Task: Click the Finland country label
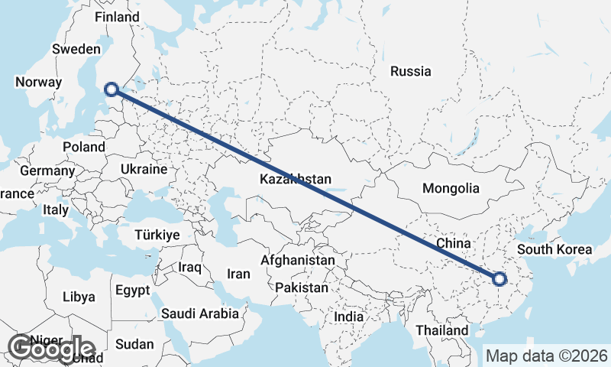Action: pyautogui.click(x=117, y=17)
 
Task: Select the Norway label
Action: pyautogui.click(x=38, y=83)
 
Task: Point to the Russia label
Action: pyautogui.click(x=410, y=72)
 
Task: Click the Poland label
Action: pyautogui.click(x=84, y=147)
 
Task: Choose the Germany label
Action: pyautogui.click(x=47, y=171)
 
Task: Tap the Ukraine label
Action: pyautogui.click(x=144, y=169)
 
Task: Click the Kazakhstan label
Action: pyautogui.click(x=295, y=180)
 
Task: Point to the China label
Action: pyautogui.click(x=453, y=243)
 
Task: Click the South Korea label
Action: pyautogui.click(x=554, y=250)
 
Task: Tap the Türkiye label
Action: pyautogui.click(x=157, y=235)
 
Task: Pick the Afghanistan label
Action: pyautogui.click(x=297, y=261)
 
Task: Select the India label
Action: pyautogui.click(x=349, y=317)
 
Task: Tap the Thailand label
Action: pyautogui.click(x=443, y=330)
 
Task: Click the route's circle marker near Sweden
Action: pyautogui.click(x=112, y=89)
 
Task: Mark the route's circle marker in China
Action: pyautogui.click(x=500, y=279)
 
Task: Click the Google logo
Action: pyautogui.click(x=51, y=349)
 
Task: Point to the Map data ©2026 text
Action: pyautogui.click(x=547, y=356)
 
